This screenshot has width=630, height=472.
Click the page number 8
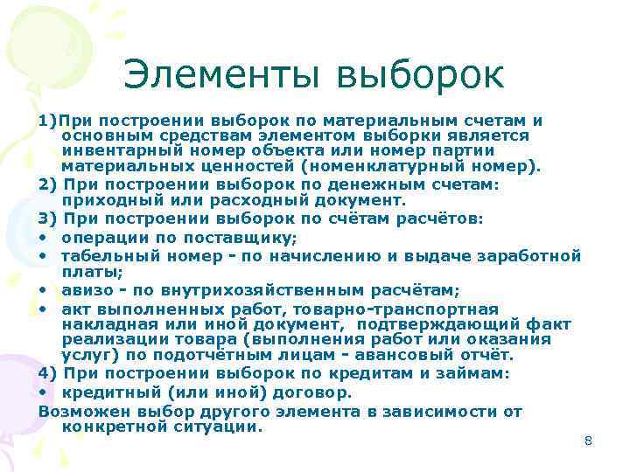(x=588, y=441)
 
